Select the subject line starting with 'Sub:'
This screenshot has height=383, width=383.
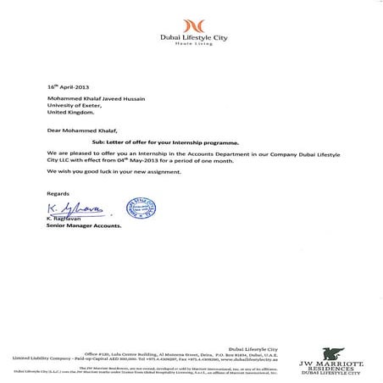coord(151,145)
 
